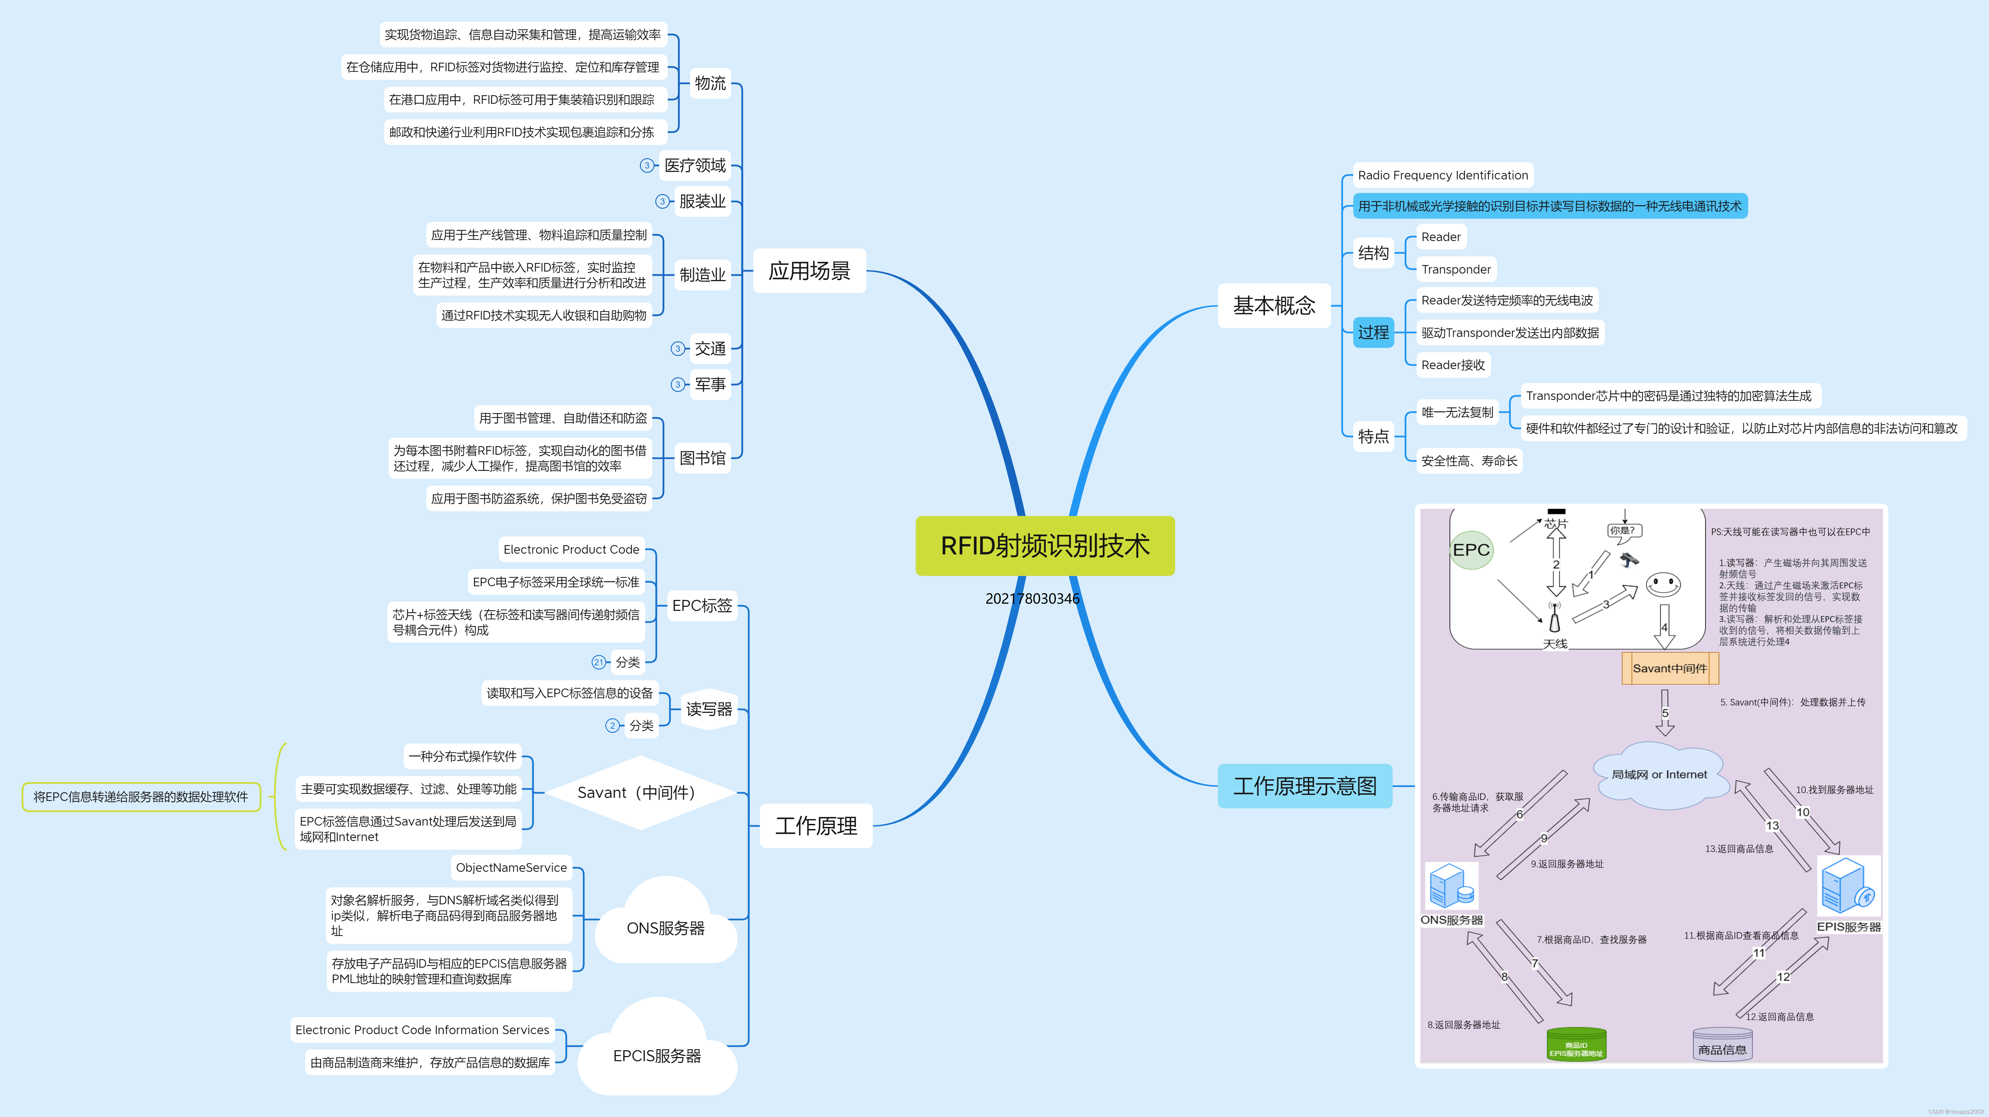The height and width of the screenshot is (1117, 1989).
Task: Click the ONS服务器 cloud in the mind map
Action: (666, 927)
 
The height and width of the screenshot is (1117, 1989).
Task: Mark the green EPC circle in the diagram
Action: (1471, 550)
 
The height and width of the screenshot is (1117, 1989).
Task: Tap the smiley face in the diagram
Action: (1662, 585)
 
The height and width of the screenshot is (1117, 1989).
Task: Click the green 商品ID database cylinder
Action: (1576, 1044)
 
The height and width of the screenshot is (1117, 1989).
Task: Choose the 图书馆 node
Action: (702, 458)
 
